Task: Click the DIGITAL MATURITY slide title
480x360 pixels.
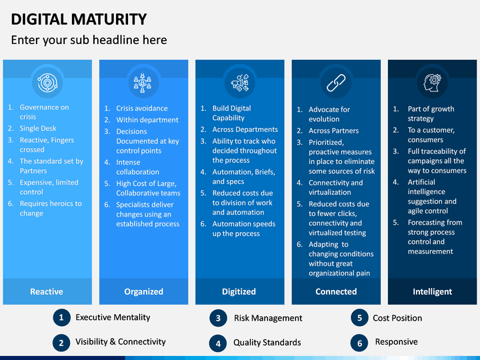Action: pos(79,19)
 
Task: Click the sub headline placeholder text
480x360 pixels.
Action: pos(89,40)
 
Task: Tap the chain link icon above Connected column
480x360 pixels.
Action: pos(335,82)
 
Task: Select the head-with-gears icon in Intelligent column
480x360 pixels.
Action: pos(431,82)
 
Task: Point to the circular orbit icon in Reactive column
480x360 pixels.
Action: pos(47,82)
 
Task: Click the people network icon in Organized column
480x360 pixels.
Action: pos(143,82)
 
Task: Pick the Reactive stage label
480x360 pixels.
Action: pos(47,291)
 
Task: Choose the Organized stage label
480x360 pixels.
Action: pos(143,291)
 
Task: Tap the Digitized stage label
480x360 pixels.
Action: pos(239,291)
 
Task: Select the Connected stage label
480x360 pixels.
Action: pos(336,291)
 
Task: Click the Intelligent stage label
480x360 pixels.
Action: pos(432,291)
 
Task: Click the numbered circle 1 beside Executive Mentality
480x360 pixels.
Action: pos(61,318)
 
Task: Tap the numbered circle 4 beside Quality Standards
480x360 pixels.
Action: pos(218,343)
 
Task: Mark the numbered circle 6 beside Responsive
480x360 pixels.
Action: pos(359,343)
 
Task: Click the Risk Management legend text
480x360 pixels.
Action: pos(268,318)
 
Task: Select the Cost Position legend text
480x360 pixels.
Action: pos(397,318)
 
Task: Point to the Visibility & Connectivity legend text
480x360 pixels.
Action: pos(121,341)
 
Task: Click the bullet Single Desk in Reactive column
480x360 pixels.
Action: pos(38,128)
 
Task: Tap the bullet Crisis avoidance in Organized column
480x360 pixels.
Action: pos(142,108)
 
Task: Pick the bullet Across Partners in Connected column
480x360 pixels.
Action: pos(333,131)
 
